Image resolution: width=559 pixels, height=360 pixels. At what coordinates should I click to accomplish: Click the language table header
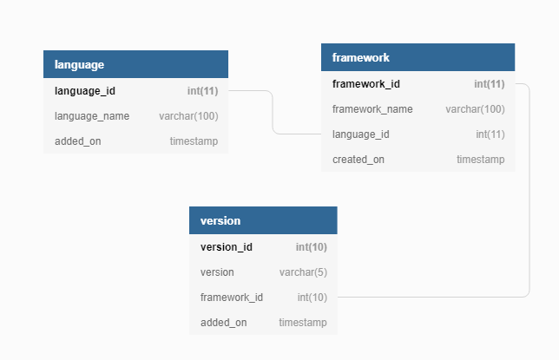coord(135,64)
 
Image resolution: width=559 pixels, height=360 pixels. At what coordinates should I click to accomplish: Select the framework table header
coord(418,57)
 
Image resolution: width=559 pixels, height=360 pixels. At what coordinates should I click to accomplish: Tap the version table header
coord(263,220)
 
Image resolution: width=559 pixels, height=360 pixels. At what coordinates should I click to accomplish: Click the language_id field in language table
coord(85,90)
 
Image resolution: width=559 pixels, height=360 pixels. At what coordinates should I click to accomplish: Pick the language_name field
coord(92,115)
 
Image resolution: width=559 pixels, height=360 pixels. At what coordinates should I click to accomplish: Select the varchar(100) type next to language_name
coord(188,115)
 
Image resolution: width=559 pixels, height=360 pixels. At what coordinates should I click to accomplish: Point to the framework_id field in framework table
coord(366,84)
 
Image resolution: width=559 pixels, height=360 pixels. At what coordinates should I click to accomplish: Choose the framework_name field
coord(372,109)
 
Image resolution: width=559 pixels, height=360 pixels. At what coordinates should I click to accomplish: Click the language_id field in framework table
coord(360,134)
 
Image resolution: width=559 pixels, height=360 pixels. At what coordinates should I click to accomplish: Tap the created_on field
coord(358,160)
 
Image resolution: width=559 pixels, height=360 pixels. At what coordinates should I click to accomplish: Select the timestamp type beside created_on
coord(480,160)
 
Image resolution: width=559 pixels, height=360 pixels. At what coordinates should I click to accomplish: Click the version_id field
coord(227,247)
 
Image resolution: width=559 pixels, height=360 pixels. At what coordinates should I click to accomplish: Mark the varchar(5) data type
coord(303,272)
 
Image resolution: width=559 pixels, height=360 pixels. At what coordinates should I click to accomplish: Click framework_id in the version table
coord(232,298)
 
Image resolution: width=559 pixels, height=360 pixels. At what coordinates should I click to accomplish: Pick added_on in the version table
coord(224,323)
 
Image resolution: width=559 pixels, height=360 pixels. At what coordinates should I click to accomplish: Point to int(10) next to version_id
coord(311,247)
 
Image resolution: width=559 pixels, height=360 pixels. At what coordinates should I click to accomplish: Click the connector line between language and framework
coord(273,113)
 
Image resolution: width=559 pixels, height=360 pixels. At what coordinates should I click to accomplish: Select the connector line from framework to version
coord(529,191)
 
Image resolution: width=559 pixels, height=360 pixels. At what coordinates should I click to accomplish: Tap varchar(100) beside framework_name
coord(475,109)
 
